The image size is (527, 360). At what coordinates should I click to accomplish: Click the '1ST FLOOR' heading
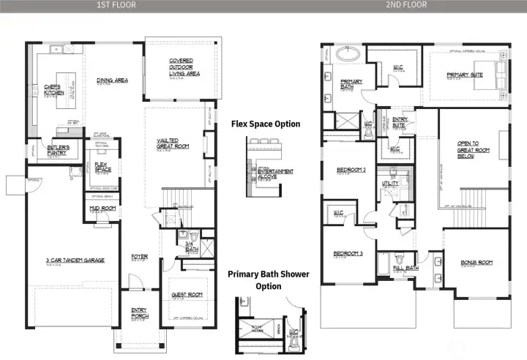tap(116, 5)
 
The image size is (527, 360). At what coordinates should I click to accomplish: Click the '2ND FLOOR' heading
tap(408, 5)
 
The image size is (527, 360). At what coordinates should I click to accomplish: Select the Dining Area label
tap(112, 80)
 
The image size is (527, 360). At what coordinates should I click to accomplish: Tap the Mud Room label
tap(102, 209)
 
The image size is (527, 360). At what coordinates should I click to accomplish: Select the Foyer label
tap(139, 256)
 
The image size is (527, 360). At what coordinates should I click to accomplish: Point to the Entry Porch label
tap(139, 312)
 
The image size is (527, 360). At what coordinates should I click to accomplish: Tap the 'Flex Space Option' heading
tap(265, 124)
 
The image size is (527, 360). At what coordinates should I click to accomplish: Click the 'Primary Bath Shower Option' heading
tap(268, 280)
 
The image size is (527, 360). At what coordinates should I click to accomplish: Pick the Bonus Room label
tap(476, 262)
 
